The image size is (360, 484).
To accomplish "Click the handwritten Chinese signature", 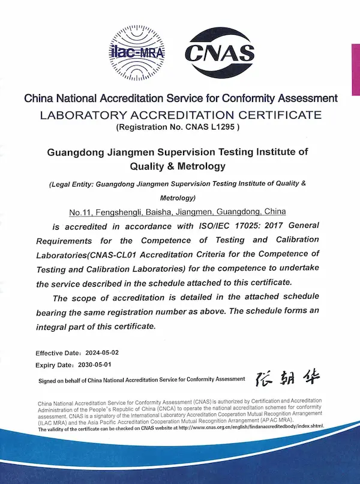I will tap(287, 378).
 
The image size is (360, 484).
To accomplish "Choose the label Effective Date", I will tap(56, 353).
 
